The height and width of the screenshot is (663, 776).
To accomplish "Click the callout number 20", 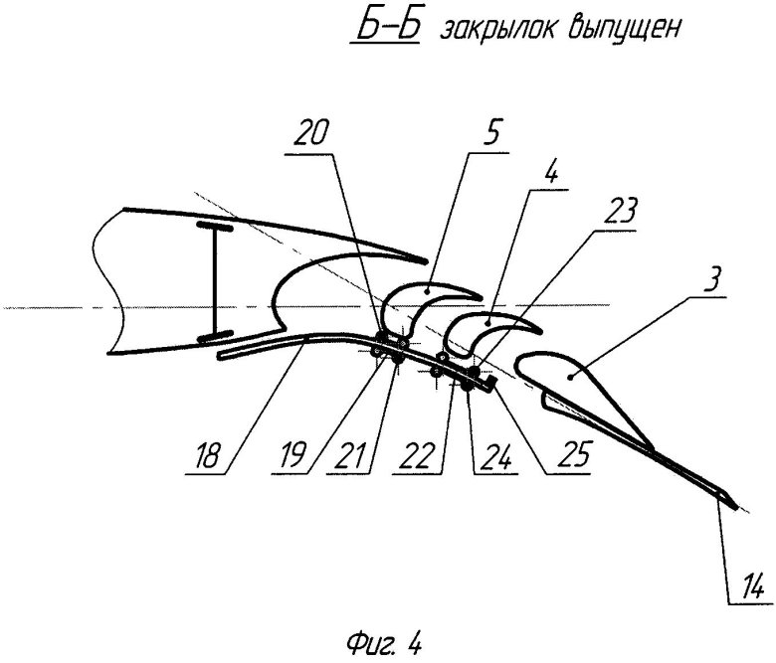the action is coord(310,133).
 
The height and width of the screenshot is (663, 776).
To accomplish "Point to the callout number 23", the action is coord(620,211).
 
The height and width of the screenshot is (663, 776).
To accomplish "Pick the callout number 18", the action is coord(207,455).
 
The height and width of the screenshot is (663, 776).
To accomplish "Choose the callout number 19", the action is coord(291,455).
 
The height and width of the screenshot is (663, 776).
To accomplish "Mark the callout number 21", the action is coord(350,455).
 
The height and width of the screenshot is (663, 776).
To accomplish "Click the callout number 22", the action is coord(417,455).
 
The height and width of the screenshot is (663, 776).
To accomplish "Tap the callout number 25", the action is coord(574,455).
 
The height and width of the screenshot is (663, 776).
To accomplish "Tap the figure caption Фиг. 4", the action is coord(385,644).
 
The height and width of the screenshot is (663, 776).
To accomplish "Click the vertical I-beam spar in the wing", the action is coord(214,281).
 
